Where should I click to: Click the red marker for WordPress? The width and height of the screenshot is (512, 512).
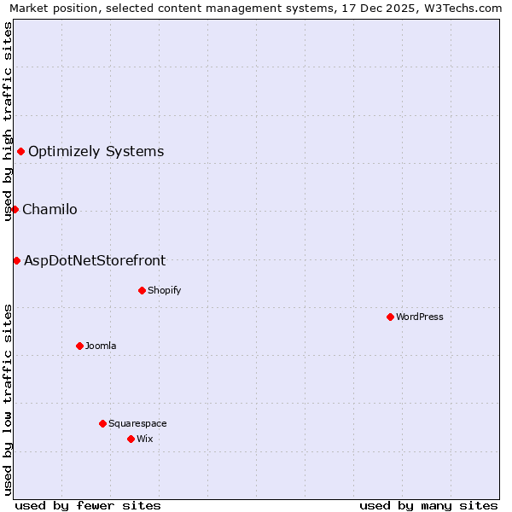(x=390, y=317)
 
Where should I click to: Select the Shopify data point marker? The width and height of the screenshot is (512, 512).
(x=142, y=290)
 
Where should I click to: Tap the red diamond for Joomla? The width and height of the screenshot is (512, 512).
(x=79, y=346)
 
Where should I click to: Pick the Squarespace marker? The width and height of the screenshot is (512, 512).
(x=102, y=423)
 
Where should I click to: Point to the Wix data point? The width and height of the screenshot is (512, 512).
(x=131, y=439)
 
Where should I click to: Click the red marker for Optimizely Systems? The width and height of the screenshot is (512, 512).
(x=20, y=152)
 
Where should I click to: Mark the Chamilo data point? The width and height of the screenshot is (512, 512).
(x=15, y=209)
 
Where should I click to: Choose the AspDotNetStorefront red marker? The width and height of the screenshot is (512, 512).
(x=16, y=260)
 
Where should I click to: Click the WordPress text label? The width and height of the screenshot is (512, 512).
(x=420, y=317)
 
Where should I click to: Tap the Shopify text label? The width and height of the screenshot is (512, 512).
(x=164, y=290)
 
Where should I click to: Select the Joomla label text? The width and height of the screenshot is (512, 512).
(x=101, y=346)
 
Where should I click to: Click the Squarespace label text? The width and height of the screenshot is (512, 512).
(x=137, y=423)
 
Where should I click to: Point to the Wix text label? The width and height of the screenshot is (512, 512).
(x=144, y=439)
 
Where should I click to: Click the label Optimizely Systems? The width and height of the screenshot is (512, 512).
(x=96, y=152)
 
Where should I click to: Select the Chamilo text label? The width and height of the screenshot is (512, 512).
(x=49, y=209)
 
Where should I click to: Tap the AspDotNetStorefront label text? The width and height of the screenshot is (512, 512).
(x=95, y=260)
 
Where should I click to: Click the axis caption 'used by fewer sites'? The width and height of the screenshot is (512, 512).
(x=88, y=505)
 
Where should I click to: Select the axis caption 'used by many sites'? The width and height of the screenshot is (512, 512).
(x=428, y=505)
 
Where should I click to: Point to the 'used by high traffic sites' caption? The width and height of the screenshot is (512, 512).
(x=8, y=121)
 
